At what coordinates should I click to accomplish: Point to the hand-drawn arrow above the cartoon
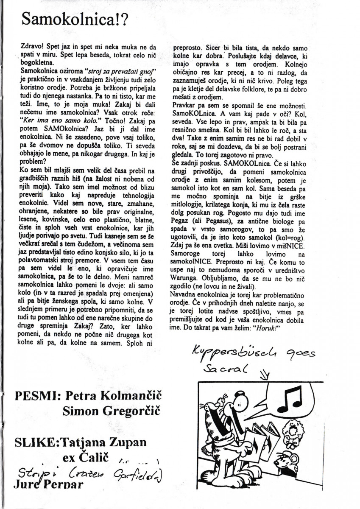[x=266, y=374]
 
